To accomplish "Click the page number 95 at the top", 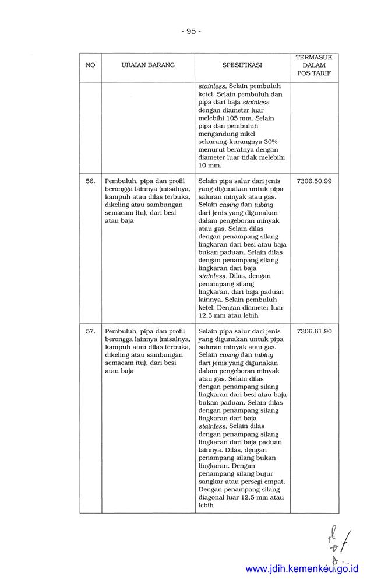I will point(190,31).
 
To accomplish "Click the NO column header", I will point(90,65).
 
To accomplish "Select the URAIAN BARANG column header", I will point(148,65).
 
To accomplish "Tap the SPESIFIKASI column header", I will point(242,65).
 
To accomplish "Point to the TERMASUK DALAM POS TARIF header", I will point(314,65).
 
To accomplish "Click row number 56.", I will point(90,181).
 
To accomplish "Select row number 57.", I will point(90,331).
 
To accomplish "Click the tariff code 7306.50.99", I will point(314,181).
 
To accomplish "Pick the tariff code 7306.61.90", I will point(314,331).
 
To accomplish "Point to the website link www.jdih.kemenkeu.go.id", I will point(302,568).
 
